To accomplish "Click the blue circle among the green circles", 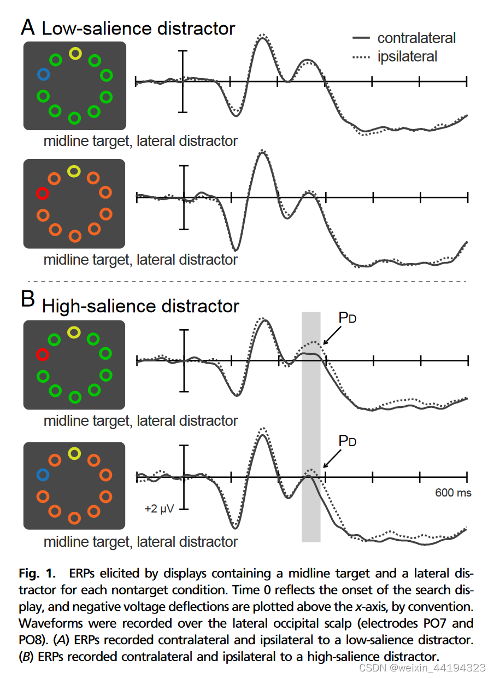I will (43, 73).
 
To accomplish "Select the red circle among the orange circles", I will (42, 193).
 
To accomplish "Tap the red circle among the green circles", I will (43, 355).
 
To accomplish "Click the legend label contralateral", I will (416, 38).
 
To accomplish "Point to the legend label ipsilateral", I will (407, 56).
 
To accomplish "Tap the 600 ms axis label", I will (453, 493).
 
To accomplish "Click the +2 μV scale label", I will (160, 508).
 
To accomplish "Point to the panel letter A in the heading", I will (29, 27).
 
